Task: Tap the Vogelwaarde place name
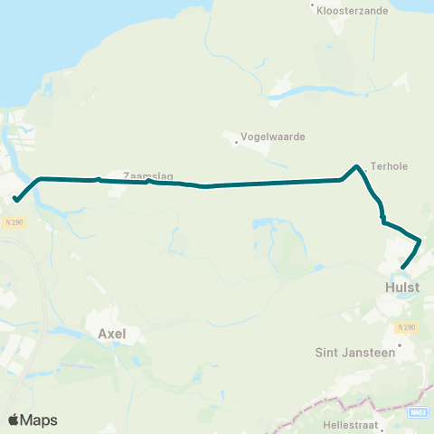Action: (x=272, y=137)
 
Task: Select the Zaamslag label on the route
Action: (x=147, y=177)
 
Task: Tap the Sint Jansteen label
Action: (x=356, y=353)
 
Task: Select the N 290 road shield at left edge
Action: (x=13, y=222)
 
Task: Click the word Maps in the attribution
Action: (x=39, y=420)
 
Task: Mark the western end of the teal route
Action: (x=16, y=199)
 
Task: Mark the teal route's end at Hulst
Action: (x=401, y=268)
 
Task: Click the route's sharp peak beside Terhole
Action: (x=357, y=166)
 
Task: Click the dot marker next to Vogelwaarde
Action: (x=236, y=141)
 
